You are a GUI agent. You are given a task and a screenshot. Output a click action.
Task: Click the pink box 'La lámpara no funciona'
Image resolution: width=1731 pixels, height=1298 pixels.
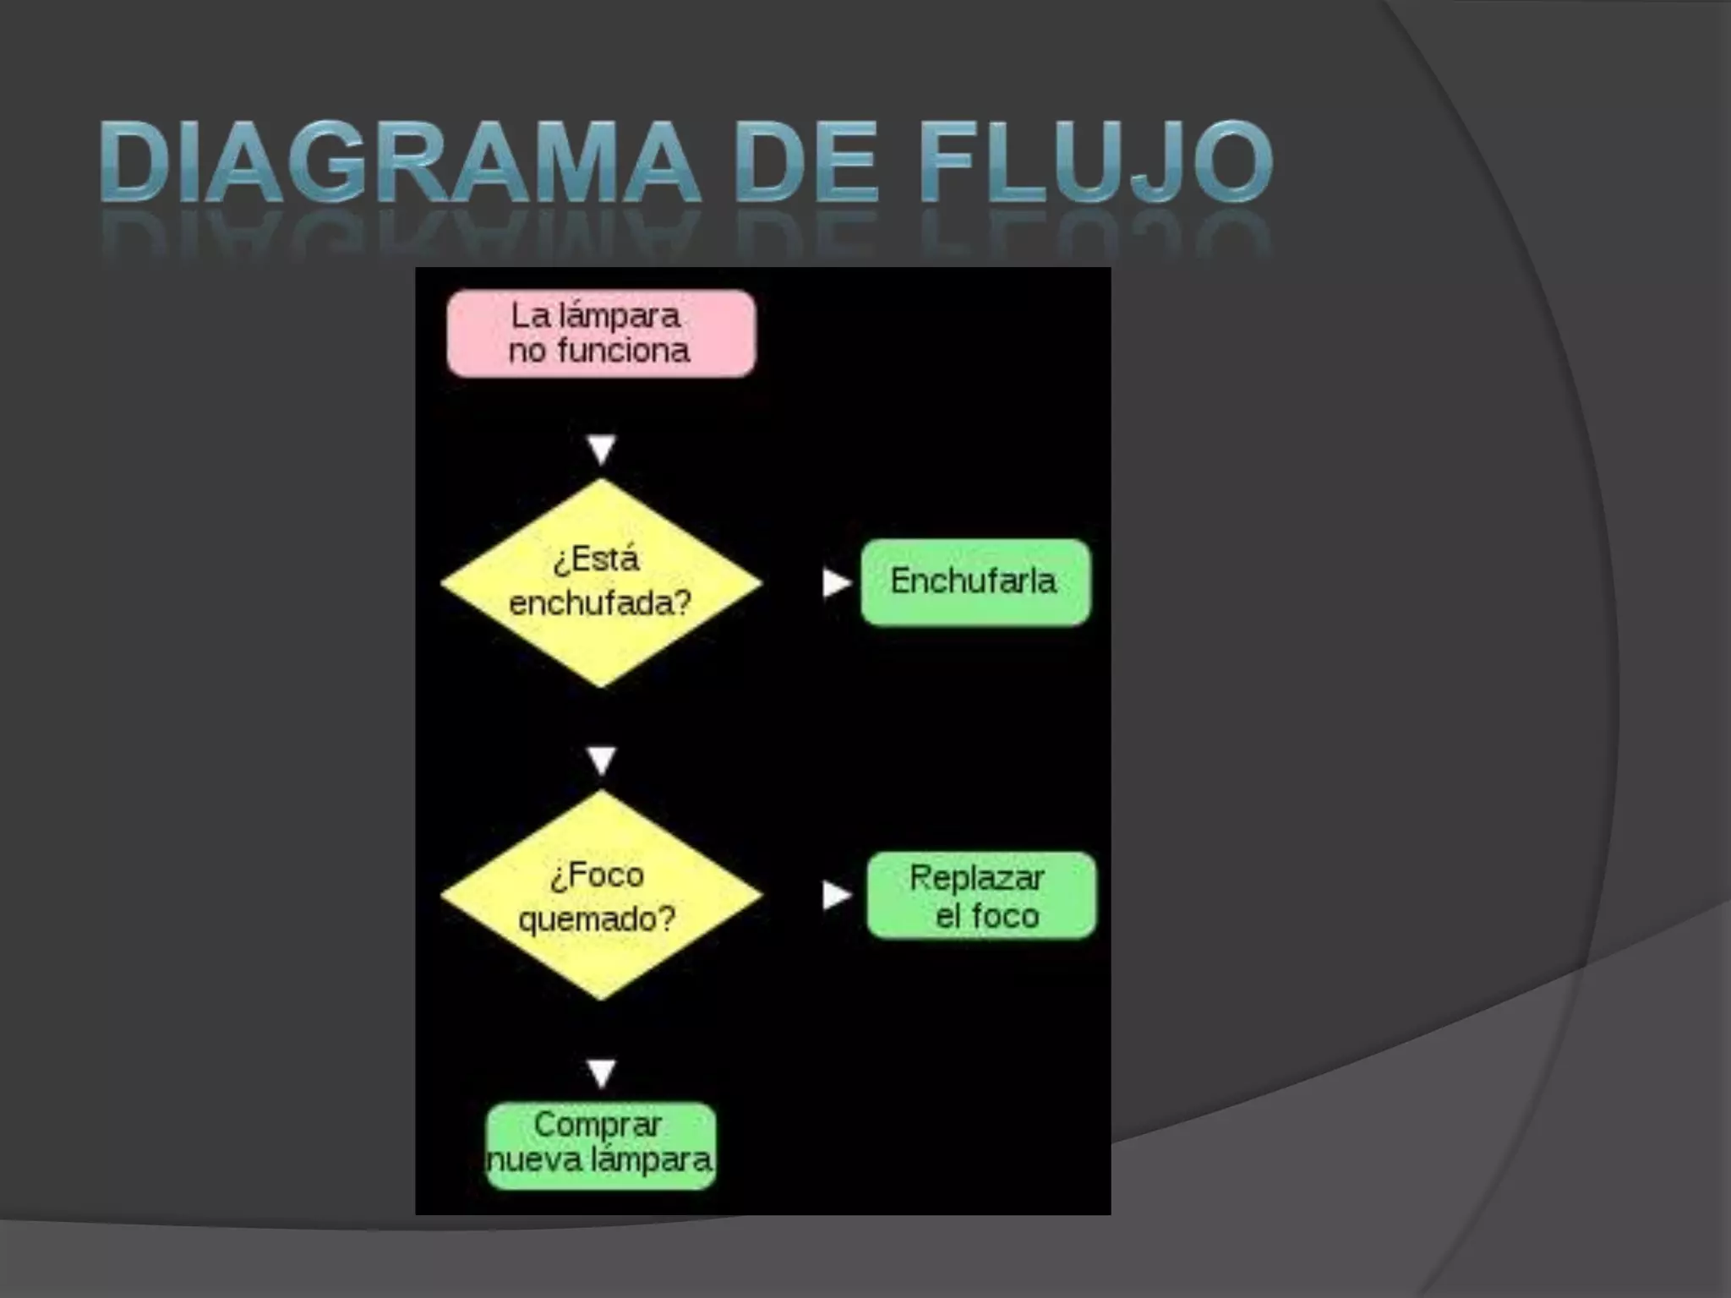click(601, 333)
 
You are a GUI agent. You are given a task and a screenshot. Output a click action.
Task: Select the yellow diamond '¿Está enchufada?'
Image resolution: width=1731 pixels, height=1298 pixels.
click(601, 582)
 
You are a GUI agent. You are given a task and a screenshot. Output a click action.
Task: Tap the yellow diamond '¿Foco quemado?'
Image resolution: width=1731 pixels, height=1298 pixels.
click(601, 895)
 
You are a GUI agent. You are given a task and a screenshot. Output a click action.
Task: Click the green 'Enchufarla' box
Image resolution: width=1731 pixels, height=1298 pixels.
click(975, 582)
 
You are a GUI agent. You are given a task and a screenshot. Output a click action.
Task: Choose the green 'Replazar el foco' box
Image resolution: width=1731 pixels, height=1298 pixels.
click(981, 896)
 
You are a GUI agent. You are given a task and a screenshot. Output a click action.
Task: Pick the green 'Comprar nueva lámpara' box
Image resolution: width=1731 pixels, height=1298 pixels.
click(601, 1145)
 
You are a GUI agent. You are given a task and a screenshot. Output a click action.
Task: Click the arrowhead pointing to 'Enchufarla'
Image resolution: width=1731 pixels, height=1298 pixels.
click(835, 582)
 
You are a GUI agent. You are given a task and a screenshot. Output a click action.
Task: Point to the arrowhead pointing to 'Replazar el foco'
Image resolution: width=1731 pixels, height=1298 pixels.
click(835, 895)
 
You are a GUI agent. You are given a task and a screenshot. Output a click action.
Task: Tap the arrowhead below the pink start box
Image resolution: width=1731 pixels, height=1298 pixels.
click(601, 449)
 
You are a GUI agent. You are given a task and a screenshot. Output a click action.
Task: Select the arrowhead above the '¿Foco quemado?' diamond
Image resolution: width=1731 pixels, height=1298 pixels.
click(601, 761)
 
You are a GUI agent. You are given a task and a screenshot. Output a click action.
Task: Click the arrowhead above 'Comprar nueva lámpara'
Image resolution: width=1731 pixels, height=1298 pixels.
click(601, 1072)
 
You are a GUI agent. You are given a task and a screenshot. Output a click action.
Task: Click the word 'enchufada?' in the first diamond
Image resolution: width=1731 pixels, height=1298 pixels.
click(600, 603)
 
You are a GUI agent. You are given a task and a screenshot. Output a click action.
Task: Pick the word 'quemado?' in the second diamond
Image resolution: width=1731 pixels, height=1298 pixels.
click(598, 918)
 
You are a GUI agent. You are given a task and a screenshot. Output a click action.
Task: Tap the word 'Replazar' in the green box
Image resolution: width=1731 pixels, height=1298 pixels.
click(977, 878)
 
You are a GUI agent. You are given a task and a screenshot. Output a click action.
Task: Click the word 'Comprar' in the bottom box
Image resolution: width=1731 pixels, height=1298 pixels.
click(598, 1125)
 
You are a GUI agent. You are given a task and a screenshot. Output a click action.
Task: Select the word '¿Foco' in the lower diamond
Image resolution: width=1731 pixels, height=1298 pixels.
click(598, 875)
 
